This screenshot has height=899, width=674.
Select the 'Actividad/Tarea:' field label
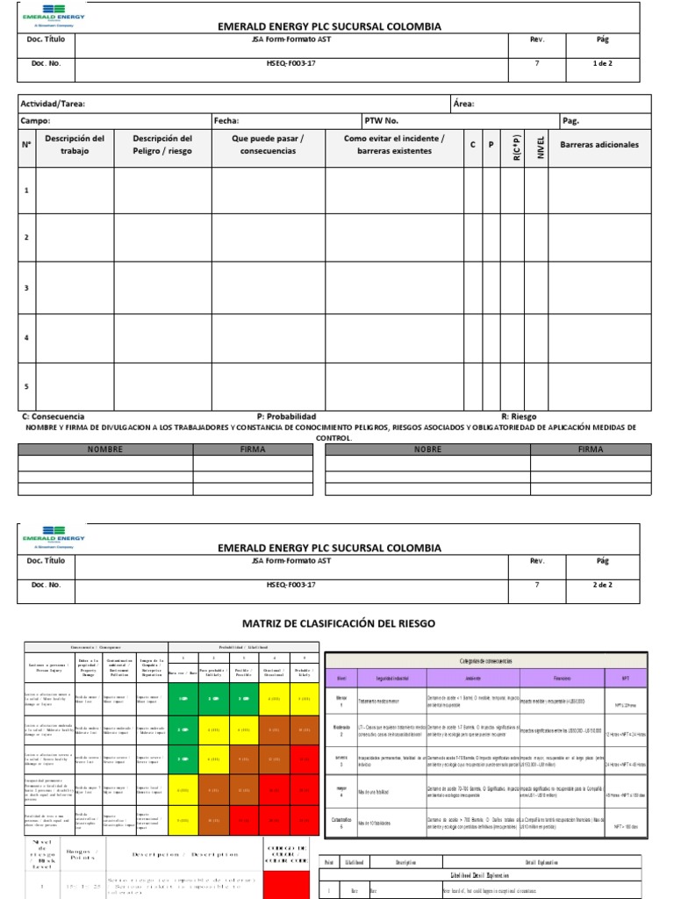53,104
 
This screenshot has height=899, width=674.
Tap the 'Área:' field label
463,104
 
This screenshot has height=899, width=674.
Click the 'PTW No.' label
382,121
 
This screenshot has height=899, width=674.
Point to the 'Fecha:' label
226,121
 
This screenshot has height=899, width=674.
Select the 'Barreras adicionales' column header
599,145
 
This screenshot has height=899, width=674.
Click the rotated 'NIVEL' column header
541,147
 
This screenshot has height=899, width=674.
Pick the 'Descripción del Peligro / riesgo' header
162,145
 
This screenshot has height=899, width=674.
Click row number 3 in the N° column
26,288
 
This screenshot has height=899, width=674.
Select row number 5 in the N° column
26,386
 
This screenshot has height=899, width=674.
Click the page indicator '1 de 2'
602,63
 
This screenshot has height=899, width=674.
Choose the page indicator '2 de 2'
602,584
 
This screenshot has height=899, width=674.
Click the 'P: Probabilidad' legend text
286,416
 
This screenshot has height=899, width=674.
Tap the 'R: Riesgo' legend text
519,416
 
